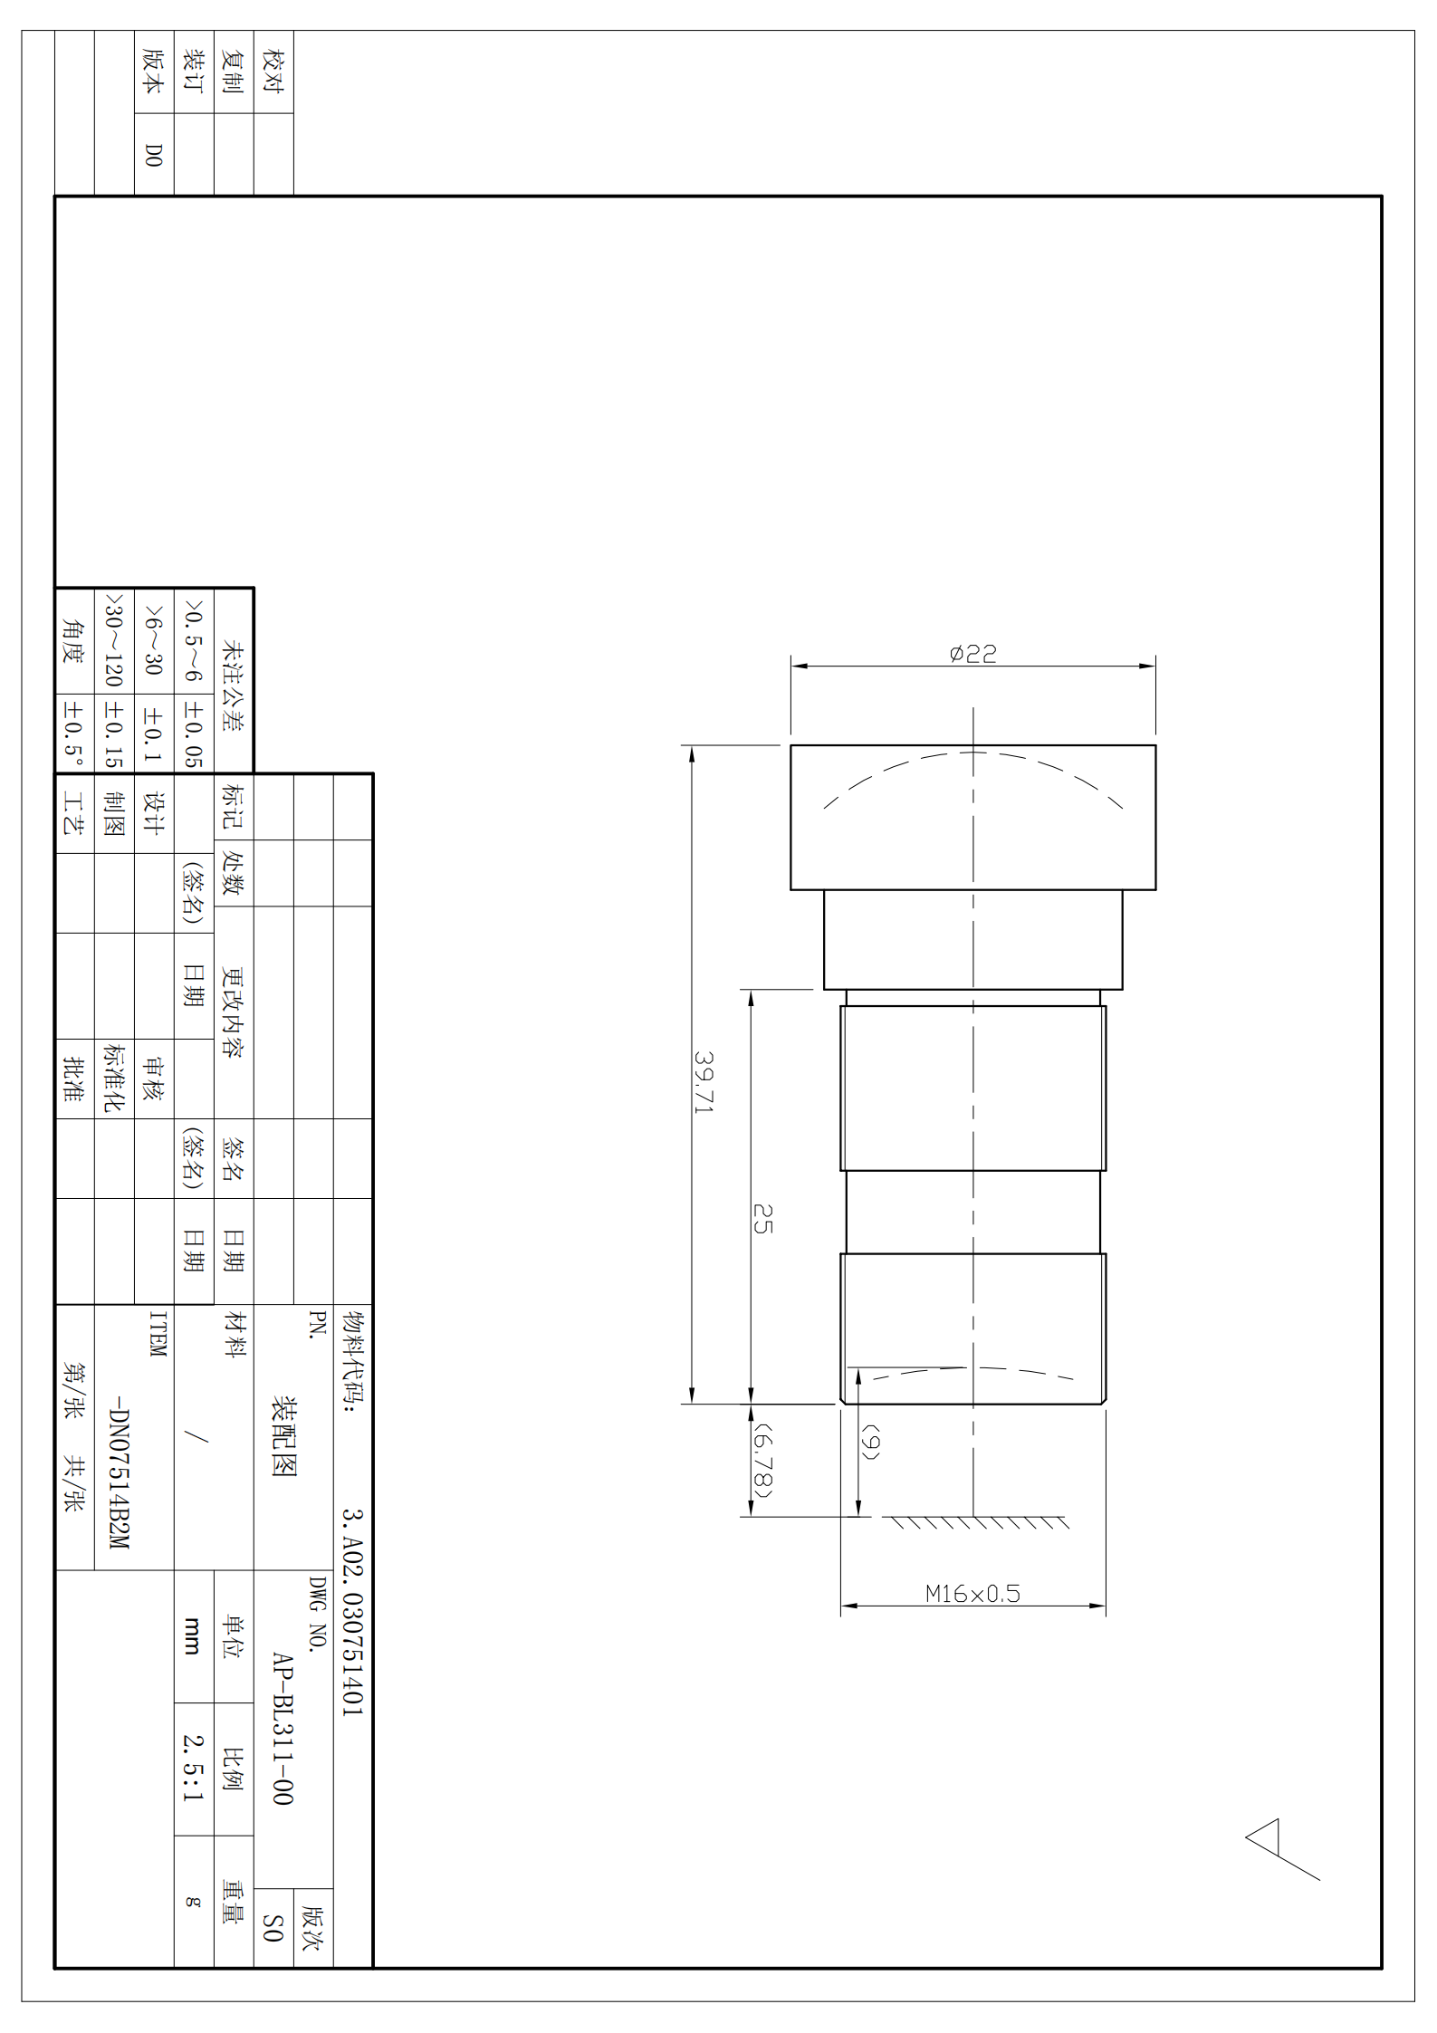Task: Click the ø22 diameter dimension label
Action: point(972,653)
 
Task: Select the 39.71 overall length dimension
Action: point(704,1082)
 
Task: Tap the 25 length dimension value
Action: point(762,1219)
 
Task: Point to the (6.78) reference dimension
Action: point(763,1460)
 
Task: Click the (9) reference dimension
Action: point(869,1442)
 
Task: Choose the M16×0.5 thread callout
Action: point(972,1594)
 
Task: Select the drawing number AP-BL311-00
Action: point(283,1729)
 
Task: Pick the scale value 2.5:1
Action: point(193,1768)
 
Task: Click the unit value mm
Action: point(192,1635)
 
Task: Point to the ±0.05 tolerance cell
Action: point(193,733)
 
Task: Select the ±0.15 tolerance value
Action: point(113,733)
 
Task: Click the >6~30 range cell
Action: point(153,640)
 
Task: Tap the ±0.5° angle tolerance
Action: point(73,733)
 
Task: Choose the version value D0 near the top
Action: point(154,155)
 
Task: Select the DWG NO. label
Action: point(317,1614)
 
